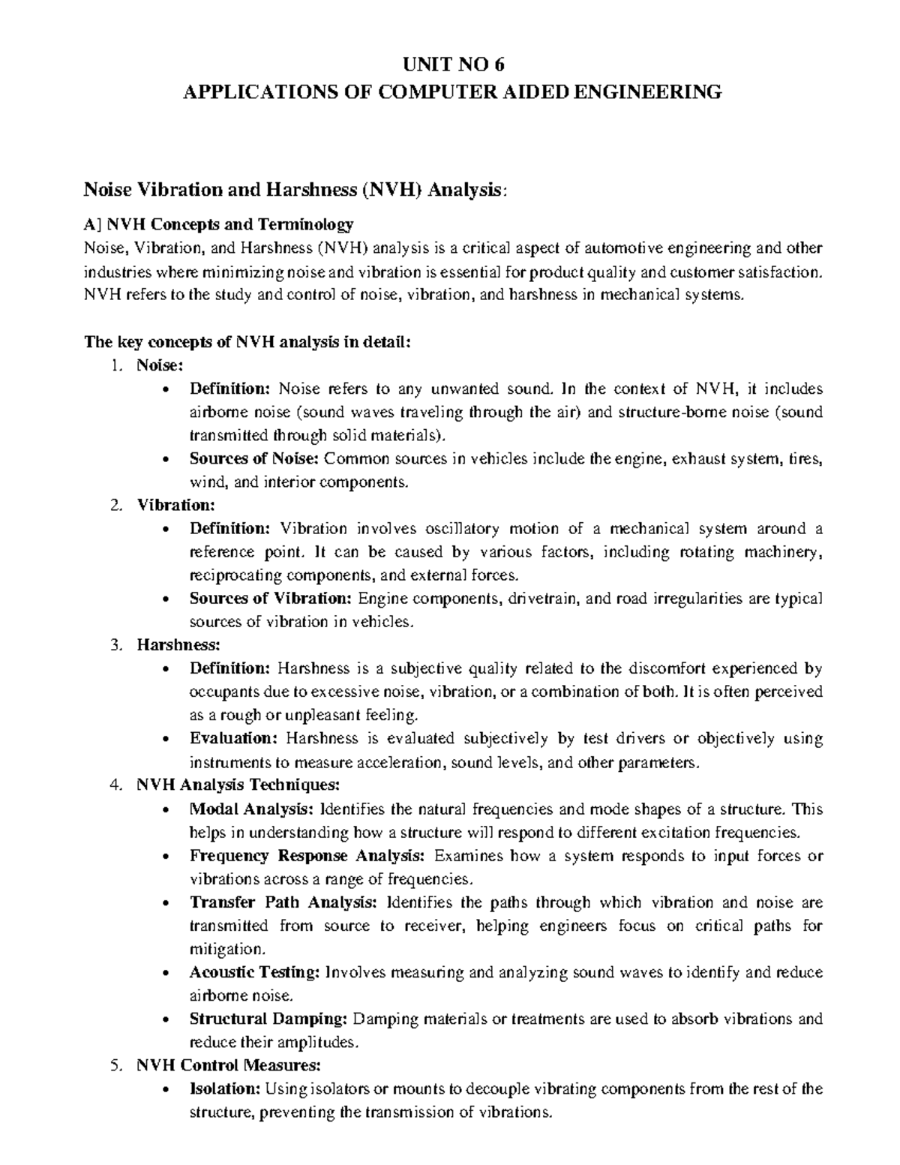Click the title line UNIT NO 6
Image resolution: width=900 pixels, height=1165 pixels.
click(x=451, y=64)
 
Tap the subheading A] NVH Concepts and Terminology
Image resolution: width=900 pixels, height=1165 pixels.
click(x=218, y=224)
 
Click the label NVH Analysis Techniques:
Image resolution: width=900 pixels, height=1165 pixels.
click(x=238, y=785)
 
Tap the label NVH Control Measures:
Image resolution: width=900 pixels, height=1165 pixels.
click(x=229, y=1064)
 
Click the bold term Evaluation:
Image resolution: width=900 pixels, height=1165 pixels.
click(x=233, y=738)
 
